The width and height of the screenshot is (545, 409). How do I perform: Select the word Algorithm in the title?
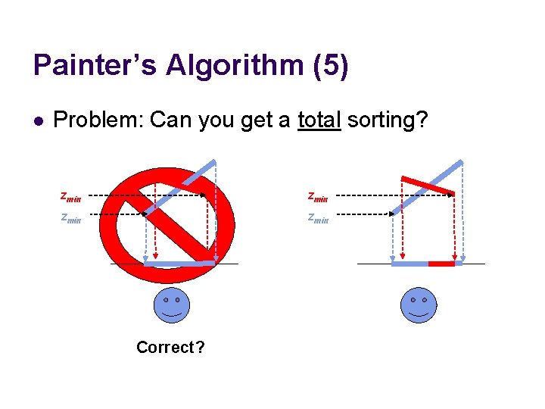235,66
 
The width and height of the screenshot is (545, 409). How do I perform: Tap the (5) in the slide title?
330,66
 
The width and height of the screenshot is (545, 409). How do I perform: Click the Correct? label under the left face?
170,348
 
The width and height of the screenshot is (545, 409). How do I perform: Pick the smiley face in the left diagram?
172,304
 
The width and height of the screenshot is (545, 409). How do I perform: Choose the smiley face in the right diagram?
419,304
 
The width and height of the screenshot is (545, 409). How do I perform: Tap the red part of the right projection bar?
441,264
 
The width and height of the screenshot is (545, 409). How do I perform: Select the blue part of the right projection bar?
410,264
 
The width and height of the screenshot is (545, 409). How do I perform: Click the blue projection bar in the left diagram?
179,264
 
